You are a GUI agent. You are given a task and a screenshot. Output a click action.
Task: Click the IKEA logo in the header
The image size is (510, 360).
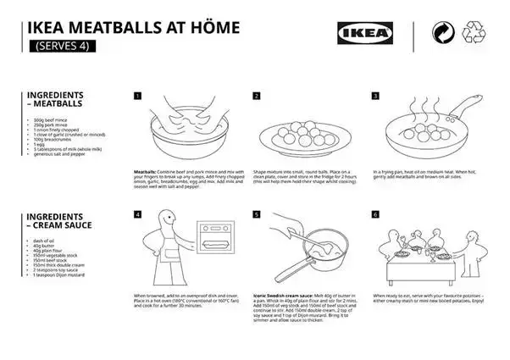click(x=367, y=34)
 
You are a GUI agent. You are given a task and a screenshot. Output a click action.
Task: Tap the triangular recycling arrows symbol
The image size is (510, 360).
click(x=471, y=35)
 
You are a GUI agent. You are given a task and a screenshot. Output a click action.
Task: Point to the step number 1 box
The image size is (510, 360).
click(x=137, y=96)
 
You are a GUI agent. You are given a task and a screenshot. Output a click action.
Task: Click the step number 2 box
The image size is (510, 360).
click(x=256, y=96)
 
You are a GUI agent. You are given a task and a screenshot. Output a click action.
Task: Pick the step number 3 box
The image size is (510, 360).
click(x=374, y=96)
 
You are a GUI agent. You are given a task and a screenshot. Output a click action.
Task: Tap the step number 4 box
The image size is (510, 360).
click(x=137, y=215)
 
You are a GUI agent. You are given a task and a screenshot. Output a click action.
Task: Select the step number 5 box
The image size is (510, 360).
click(x=256, y=215)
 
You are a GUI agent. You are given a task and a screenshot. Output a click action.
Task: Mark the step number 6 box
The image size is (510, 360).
click(x=374, y=215)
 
